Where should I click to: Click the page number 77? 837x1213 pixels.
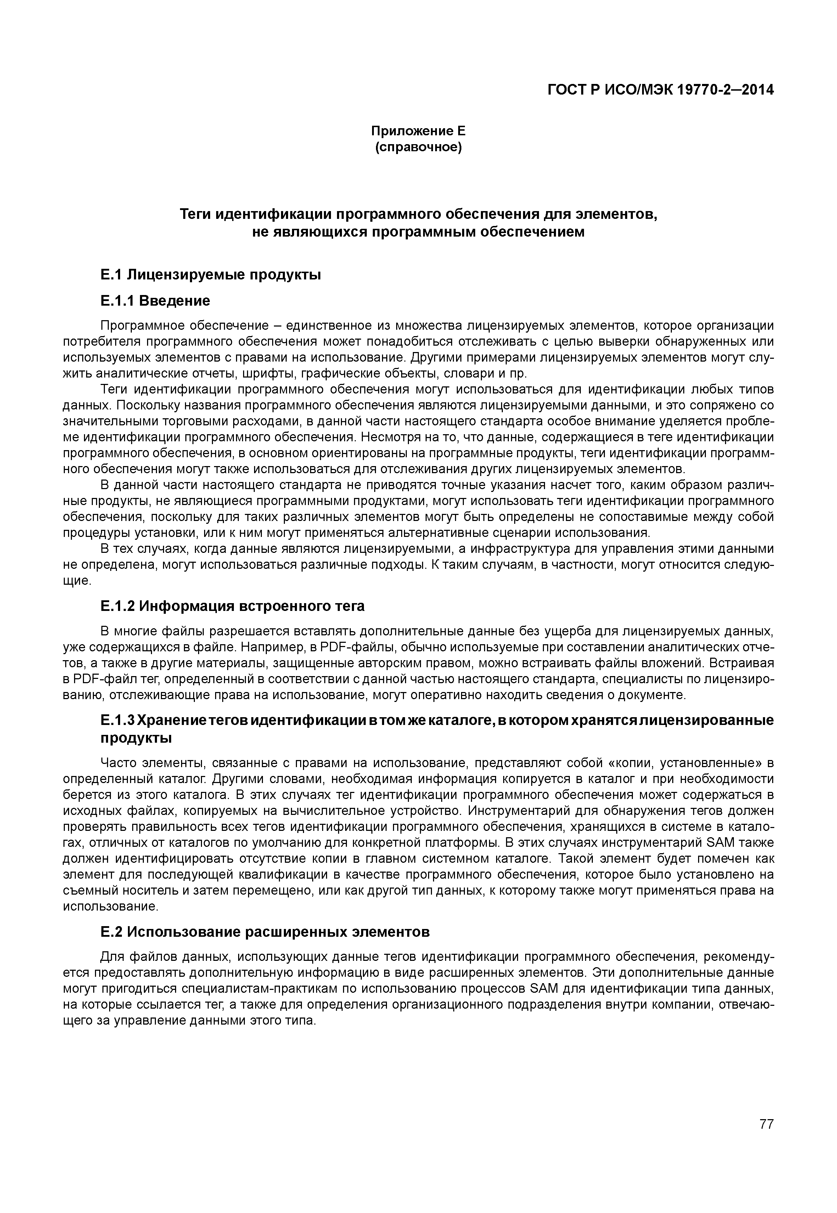pos(766,1139)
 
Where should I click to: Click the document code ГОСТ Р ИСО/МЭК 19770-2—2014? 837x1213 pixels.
pos(661,90)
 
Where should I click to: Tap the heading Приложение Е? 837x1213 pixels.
pos(419,131)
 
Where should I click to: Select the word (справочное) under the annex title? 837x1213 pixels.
pos(419,147)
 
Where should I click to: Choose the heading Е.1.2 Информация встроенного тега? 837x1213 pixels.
pos(232,606)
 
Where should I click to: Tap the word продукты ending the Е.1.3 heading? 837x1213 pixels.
pos(136,738)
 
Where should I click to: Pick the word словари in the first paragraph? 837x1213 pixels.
pos(467,373)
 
